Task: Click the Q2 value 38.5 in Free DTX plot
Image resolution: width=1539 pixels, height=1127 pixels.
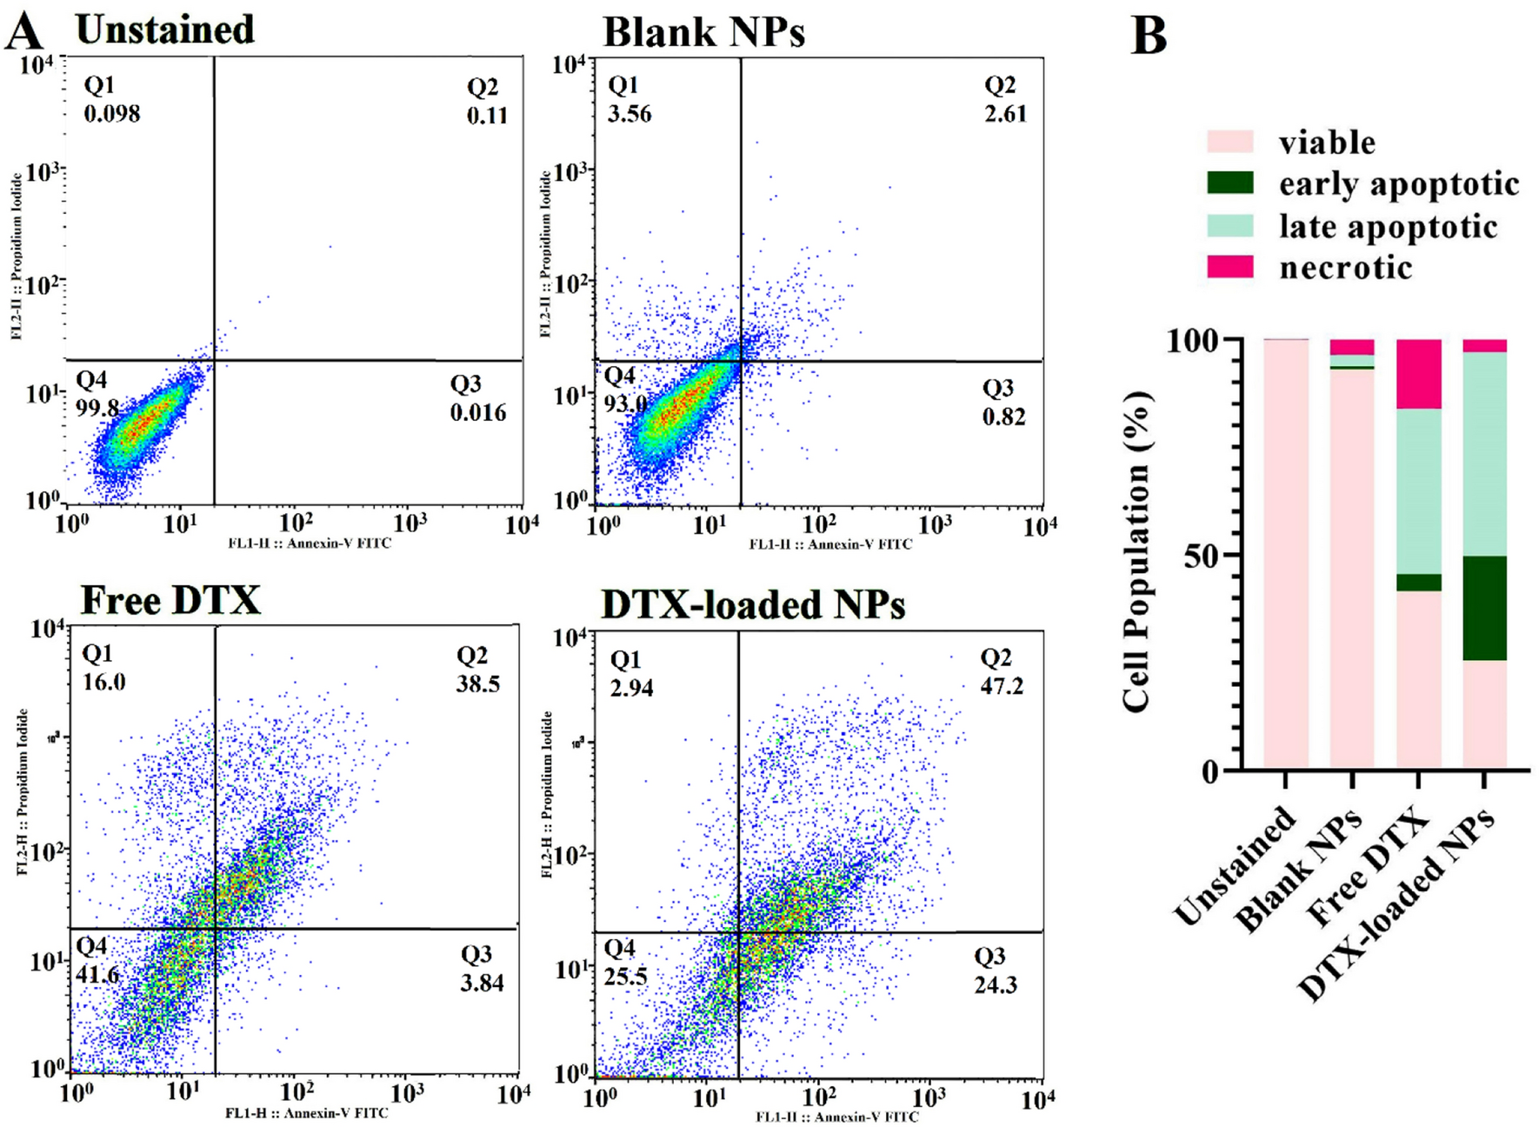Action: (x=477, y=684)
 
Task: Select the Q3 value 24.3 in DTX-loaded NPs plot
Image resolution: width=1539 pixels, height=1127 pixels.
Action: (x=995, y=984)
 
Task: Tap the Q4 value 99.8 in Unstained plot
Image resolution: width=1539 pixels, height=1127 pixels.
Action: (x=97, y=406)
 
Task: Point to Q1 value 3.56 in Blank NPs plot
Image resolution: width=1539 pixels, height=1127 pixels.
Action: (x=630, y=114)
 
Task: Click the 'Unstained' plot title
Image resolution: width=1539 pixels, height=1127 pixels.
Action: (x=165, y=30)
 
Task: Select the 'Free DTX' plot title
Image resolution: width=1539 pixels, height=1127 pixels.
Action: (x=170, y=600)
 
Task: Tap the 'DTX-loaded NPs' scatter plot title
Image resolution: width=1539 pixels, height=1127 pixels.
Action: (x=753, y=604)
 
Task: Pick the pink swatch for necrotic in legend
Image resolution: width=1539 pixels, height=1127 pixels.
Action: (x=1230, y=267)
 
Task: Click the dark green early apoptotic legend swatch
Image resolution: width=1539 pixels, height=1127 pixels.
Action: (x=1230, y=183)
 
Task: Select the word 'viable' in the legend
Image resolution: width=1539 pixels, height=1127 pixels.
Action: (x=1327, y=143)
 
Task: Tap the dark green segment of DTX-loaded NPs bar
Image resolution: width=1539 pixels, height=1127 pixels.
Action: (x=1484, y=608)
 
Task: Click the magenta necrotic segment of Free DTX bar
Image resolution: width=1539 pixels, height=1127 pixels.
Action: (x=1418, y=374)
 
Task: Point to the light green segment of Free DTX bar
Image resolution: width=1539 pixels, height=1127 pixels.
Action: (x=1418, y=491)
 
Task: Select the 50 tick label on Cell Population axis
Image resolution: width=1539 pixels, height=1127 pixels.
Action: (x=1202, y=556)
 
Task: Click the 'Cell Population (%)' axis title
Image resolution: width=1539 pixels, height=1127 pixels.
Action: (x=1137, y=553)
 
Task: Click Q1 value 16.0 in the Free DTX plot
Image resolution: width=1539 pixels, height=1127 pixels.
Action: (x=103, y=682)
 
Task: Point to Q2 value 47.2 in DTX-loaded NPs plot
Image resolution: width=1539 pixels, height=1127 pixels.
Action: (x=1002, y=686)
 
